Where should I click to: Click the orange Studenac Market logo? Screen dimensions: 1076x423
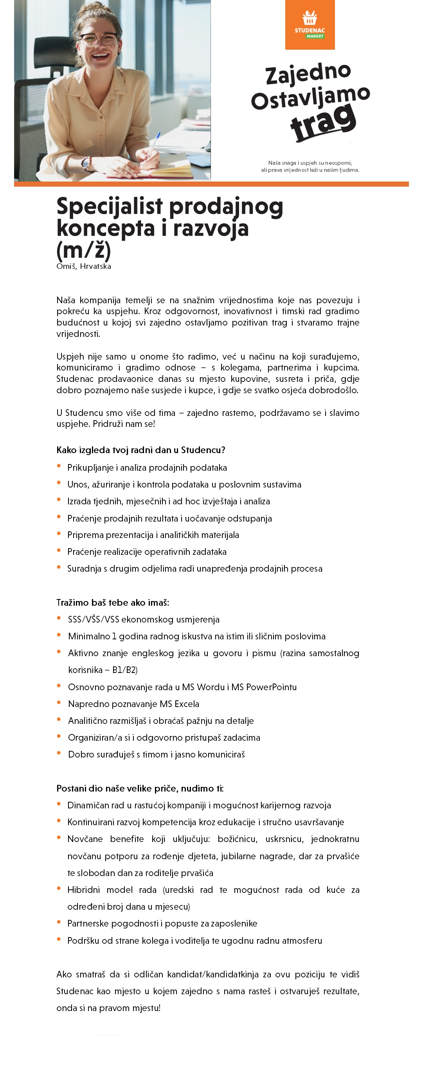(310, 25)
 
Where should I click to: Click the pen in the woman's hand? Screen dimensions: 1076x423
(151, 146)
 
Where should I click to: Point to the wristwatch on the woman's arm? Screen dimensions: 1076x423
(86, 163)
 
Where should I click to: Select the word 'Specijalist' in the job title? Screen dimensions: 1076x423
(110, 206)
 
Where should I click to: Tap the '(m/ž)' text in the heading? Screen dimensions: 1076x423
(83, 250)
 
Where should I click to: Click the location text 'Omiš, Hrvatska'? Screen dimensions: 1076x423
(83, 266)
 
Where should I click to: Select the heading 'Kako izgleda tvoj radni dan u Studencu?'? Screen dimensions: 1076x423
(141, 450)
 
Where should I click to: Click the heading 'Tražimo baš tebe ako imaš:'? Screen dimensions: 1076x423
(113, 602)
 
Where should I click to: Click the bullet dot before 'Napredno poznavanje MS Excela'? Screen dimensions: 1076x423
(59, 703)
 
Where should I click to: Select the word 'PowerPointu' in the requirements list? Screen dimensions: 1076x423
(271, 687)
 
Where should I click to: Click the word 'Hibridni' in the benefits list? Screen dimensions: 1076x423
(83, 890)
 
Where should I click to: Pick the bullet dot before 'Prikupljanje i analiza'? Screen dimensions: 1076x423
(59, 466)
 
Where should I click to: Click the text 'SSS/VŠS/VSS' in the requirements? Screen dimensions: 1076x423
(93, 619)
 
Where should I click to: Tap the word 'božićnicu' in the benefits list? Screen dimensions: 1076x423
(237, 839)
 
